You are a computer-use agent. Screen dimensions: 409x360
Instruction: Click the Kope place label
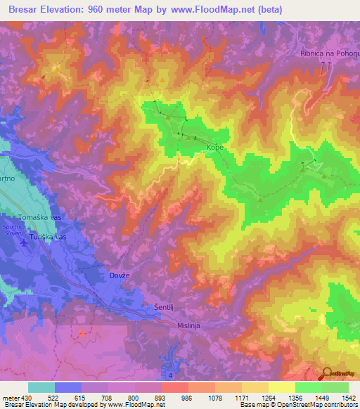click(x=214, y=148)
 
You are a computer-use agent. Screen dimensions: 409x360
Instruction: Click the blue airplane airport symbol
click(x=25, y=242)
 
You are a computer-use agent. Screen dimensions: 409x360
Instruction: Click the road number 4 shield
click(x=171, y=376)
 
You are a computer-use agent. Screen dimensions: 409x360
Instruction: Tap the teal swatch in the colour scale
click(x=41, y=387)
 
